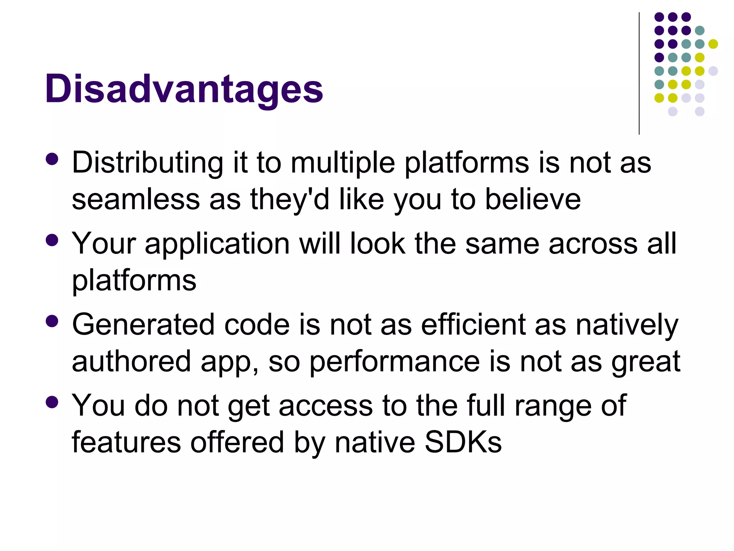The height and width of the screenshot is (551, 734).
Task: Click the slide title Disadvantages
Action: click(184, 89)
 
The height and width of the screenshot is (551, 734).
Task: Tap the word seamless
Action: click(136, 199)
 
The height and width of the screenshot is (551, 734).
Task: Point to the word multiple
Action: click(343, 163)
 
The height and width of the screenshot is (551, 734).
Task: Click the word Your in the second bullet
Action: click(104, 244)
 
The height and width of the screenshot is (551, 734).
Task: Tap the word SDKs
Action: click(463, 442)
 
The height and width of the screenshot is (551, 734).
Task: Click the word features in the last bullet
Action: click(126, 442)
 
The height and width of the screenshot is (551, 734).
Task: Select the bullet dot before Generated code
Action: click(52, 321)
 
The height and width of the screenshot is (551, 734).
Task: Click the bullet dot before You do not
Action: click(52, 402)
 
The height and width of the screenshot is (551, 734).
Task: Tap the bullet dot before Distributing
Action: click(52, 159)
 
